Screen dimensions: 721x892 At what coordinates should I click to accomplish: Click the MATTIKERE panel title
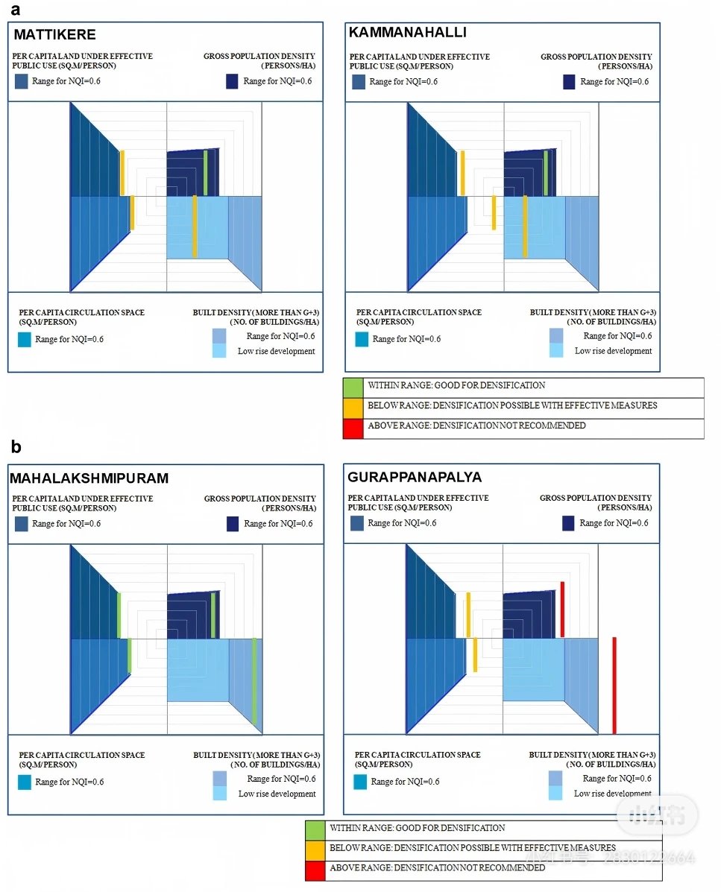[54, 35]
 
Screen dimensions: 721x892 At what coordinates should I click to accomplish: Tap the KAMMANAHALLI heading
[407, 33]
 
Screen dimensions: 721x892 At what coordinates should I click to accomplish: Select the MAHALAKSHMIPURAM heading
[89, 478]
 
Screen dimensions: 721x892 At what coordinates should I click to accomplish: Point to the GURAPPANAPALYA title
[415, 477]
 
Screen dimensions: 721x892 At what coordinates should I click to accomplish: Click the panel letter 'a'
[16, 10]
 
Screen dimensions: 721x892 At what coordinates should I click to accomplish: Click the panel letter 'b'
[16, 446]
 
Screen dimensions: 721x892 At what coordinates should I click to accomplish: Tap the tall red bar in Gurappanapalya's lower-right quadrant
[614, 686]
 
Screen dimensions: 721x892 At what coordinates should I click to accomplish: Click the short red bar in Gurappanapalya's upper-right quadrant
[562, 610]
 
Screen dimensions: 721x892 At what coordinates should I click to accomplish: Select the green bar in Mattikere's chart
[206, 173]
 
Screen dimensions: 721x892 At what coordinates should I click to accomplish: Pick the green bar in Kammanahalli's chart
[546, 173]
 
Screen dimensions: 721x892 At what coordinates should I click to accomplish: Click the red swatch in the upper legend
[353, 428]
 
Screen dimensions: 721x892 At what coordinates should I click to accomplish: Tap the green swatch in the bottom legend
[315, 831]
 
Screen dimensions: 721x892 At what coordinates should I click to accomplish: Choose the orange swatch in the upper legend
[353, 408]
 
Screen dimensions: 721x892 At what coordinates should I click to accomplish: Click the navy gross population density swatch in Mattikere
[232, 81]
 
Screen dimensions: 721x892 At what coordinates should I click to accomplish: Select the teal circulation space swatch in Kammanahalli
[362, 340]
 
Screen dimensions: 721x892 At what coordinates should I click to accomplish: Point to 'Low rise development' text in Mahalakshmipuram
[277, 794]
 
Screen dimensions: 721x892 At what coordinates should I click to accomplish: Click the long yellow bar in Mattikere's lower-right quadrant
[195, 227]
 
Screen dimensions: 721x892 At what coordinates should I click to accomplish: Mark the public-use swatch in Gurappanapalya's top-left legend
[357, 523]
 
